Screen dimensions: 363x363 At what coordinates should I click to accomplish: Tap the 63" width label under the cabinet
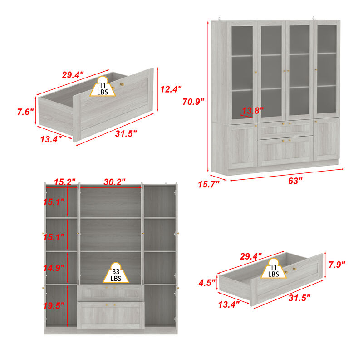tap(295, 181)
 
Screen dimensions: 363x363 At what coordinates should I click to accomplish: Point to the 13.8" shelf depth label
tap(252, 110)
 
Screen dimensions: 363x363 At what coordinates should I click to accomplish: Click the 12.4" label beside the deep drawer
tap(171, 89)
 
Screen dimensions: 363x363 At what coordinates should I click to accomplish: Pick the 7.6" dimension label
tap(26, 111)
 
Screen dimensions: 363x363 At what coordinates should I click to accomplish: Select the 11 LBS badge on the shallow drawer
tap(274, 271)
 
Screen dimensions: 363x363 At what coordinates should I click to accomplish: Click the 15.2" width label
tap(64, 182)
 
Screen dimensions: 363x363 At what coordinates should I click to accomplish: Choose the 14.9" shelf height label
tap(54, 268)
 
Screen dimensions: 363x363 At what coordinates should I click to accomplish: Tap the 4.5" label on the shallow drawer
tap(207, 283)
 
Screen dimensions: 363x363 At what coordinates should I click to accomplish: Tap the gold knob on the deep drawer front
tap(121, 84)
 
